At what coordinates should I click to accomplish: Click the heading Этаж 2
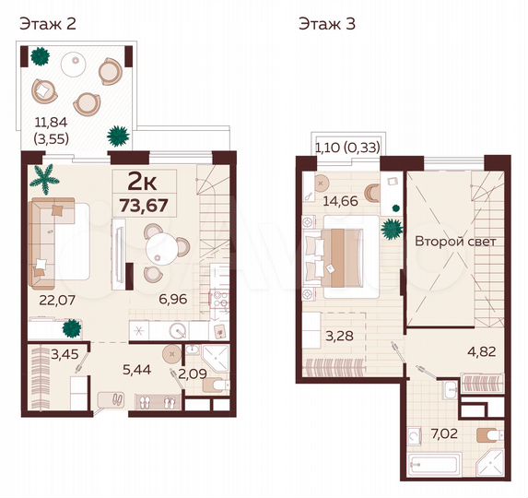pyautogui.click(x=48, y=24)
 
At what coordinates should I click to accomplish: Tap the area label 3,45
pyautogui.click(x=39, y=353)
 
